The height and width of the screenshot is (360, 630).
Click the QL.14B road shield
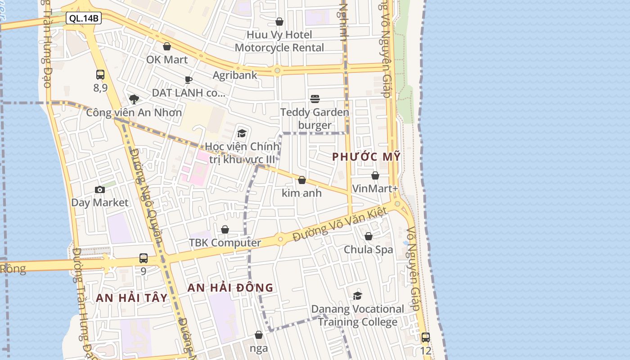84,18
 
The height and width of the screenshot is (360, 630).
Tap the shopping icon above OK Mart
167,46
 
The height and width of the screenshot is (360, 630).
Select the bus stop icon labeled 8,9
100,75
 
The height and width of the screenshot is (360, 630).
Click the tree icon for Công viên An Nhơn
134,99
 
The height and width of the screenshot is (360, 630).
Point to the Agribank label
235,75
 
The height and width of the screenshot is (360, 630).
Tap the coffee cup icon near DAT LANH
189,80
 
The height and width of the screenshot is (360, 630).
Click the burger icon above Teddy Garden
315,99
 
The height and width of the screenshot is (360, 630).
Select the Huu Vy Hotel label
279,35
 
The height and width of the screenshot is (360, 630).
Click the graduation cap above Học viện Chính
242,133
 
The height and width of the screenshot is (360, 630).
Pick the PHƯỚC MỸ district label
366,157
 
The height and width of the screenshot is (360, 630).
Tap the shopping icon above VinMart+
375,175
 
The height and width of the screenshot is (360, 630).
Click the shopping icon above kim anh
302,180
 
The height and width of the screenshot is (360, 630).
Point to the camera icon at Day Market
100,190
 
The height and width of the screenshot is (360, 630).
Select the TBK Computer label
225,243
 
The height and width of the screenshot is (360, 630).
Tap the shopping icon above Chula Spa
369,236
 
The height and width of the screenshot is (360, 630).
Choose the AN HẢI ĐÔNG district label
230,288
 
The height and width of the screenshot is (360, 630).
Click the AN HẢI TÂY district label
131,298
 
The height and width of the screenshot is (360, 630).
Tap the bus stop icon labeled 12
425,337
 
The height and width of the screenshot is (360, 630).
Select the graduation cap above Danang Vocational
358,296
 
